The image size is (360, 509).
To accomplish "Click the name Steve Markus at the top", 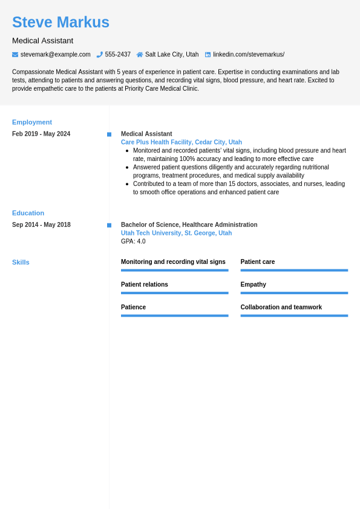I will pyautogui.click(x=61, y=22).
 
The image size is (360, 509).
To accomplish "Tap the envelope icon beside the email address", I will pyautogui.click(x=15, y=54).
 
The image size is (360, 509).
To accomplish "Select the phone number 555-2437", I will pyautogui.click(x=117, y=54).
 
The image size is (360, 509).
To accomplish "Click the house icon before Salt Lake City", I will pyautogui.click(x=140, y=54).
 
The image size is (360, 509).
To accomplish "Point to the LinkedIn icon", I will pyautogui.click(x=208, y=54).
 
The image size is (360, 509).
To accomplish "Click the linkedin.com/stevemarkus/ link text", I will pyautogui.click(x=248, y=54).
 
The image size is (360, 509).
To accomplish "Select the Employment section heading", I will pyautogui.click(x=32, y=122).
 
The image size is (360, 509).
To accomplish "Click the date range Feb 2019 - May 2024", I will pyautogui.click(x=41, y=134).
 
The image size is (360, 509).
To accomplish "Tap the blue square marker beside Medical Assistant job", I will pyautogui.click(x=109, y=134).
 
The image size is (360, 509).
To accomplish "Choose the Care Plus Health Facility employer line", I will pyautogui.click(x=181, y=142).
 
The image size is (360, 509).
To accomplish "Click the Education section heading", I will pyautogui.click(x=28, y=213).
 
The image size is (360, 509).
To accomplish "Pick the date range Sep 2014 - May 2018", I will pyautogui.click(x=41, y=225).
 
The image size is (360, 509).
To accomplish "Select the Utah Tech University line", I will pyautogui.click(x=176, y=233).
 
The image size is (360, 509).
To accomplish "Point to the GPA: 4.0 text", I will pyautogui.click(x=133, y=241).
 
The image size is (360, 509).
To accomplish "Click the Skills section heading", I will pyautogui.click(x=21, y=262).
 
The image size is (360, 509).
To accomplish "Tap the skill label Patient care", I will pyautogui.click(x=258, y=262).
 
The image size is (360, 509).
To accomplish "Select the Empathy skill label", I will pyautogui.click(x=253, y=284).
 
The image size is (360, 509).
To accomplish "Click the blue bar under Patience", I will pyautogui.click(x=174, y=315).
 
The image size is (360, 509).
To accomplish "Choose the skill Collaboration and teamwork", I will pyautogui.click(x=281, y=307).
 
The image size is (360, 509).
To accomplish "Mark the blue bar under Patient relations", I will pyautogui.click(x=174, y=293).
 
